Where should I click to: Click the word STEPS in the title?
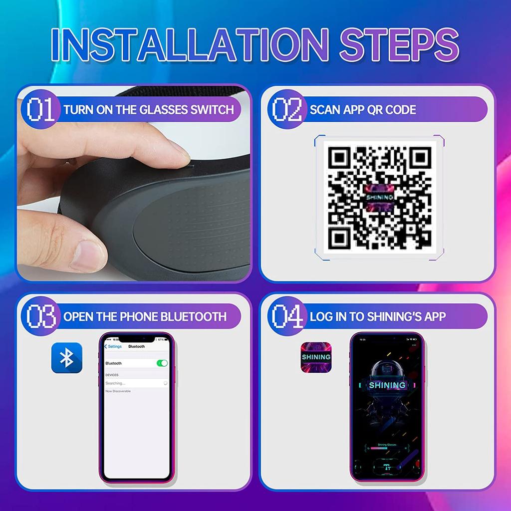[x=399, y=44]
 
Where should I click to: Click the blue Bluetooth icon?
[x=66, y=358]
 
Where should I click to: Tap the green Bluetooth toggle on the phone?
[x=162, y=363]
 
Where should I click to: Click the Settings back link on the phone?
[x=113, y=346]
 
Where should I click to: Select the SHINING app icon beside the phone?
[x=316, y=357]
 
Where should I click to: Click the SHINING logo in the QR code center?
[x=379, y=198]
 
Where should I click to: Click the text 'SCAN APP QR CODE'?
[x=362, y=110]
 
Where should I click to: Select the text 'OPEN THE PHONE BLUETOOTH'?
[x=145, y=317]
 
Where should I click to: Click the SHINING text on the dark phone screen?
[x=387, y=385]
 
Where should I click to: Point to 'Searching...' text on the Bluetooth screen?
[x=116, y=383]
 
